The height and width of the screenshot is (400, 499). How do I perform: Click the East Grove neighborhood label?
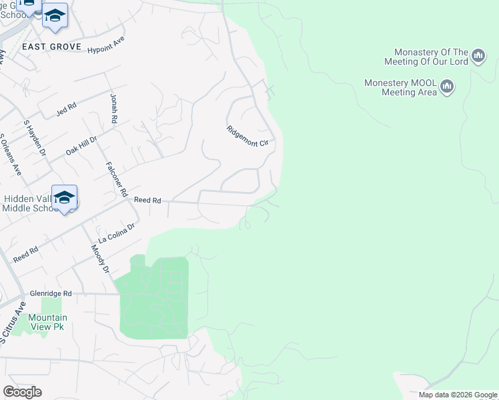[x=51, y=47]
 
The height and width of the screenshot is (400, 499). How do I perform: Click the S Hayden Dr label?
[x=34, y=138]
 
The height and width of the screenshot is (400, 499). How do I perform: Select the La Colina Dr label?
[x=117, y=233]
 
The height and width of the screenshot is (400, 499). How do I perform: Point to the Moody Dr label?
[x=100, y=259]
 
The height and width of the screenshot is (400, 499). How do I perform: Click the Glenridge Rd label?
[x=51, y=293]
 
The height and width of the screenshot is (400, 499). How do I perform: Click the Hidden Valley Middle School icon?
[x=64, y=197]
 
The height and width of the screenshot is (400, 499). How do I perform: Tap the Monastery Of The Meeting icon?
[x=478, y=56]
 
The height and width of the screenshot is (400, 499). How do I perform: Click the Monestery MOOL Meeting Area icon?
[x=447, y=87]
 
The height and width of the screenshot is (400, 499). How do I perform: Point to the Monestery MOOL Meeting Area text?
[x=400, y=87]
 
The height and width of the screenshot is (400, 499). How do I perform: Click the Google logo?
[x=22, y=391]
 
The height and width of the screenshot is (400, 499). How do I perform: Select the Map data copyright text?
[x=458, y=395]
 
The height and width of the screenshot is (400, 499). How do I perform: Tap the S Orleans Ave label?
[x=10, y=155]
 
